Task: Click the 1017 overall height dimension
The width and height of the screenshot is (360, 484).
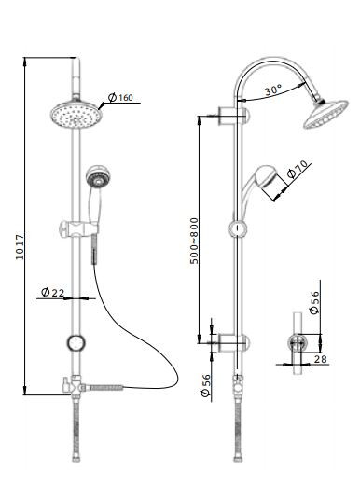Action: point(20,246)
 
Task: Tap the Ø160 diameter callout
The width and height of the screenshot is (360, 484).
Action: point(120,97)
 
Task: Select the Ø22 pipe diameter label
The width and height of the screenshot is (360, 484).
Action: point(52,292)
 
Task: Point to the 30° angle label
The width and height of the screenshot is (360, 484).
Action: point(273,90)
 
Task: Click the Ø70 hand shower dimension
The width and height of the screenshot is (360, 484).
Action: point(297,169)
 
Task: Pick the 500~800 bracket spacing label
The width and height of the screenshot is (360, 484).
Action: point(194,241)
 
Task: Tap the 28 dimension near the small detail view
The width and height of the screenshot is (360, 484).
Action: point(320,359)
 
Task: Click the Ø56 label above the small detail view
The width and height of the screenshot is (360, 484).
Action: point(314,302)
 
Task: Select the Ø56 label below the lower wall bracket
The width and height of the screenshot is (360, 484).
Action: point(206,385)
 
